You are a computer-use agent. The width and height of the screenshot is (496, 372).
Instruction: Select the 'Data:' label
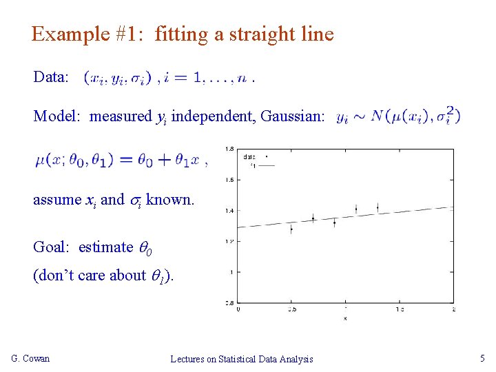[x=50, y=76]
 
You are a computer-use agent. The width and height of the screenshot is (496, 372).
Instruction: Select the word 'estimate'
[x=105, y=247]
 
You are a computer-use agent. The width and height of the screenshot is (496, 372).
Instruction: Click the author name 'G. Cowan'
[x=31, y=358]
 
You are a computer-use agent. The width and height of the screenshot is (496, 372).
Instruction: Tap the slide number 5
[x=482, y=358]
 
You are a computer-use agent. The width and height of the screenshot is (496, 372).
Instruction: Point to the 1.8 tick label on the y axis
[x=229, y=149]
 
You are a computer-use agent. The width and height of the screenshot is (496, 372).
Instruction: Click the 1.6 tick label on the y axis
[x=229, y=180]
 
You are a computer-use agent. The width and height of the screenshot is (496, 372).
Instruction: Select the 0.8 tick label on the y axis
[x=229, y=302]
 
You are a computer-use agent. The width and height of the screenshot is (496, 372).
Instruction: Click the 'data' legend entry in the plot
[x=249, y=156]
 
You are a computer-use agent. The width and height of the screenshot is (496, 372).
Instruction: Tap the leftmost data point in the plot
[x=291, y=229]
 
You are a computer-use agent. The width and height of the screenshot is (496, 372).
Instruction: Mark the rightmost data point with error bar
[x=378, y=207]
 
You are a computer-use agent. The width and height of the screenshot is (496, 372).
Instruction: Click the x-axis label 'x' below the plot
[x=345, y=318]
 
